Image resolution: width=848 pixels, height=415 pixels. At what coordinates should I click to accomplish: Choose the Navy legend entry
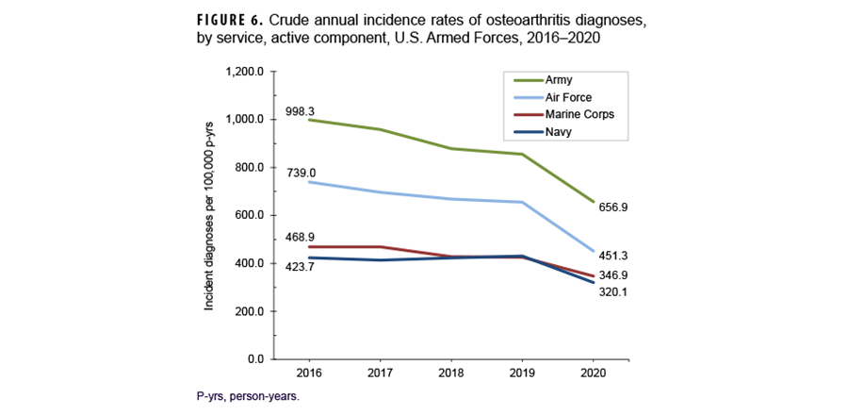click(x=557, y=132)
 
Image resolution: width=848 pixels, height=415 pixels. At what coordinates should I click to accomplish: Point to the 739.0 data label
click(x=301, y=173)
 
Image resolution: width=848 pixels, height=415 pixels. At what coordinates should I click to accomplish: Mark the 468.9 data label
click(x=301, y=238)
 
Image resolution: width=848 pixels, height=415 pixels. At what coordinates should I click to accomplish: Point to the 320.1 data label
click(x=614, y=291)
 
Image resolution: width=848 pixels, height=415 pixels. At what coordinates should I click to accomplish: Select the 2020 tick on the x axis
click(x=595, y=372)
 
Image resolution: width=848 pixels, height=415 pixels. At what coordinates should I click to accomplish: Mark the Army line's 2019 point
click(x=521, y=154)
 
